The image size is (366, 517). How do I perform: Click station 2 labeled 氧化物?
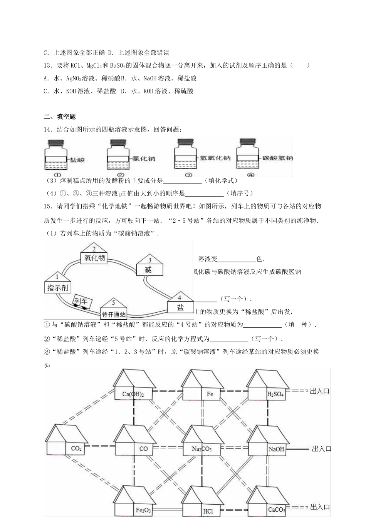[x=94, y=254]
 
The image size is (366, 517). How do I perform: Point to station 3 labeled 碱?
[x=149, y=266]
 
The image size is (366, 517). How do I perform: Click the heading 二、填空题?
[x=60, y=117]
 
